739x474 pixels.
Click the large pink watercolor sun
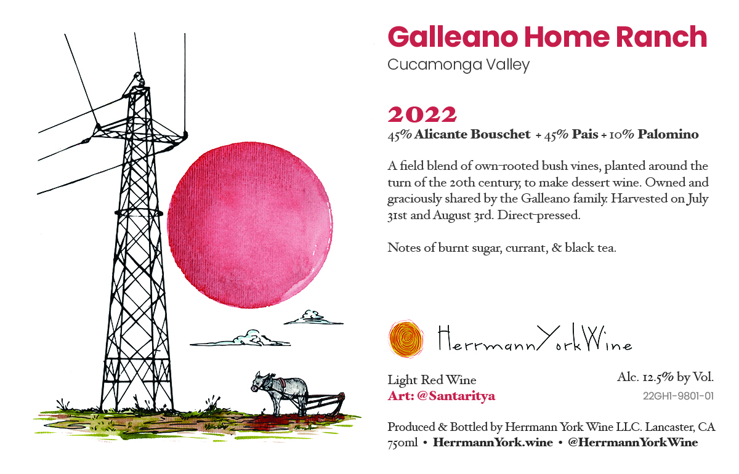coord(250,225)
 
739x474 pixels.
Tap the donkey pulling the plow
coord(280,392)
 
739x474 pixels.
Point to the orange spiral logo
coord(406,339)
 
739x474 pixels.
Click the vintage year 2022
coord(422,114)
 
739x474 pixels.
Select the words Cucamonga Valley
coord(459,65)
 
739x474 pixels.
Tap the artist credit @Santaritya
coord(456,396)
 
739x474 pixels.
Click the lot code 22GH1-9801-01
coord(678,396)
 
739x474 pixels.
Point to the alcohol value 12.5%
coord(658,377)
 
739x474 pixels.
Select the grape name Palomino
coord(668,134)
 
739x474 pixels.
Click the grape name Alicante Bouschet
coord(472,134)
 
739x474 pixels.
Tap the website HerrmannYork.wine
coord(493,443)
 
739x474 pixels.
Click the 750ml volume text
coord(403,443)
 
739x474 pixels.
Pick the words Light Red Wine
coord(432,380)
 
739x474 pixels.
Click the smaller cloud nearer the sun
coord(313,318)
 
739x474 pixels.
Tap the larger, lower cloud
coord(240,339)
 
